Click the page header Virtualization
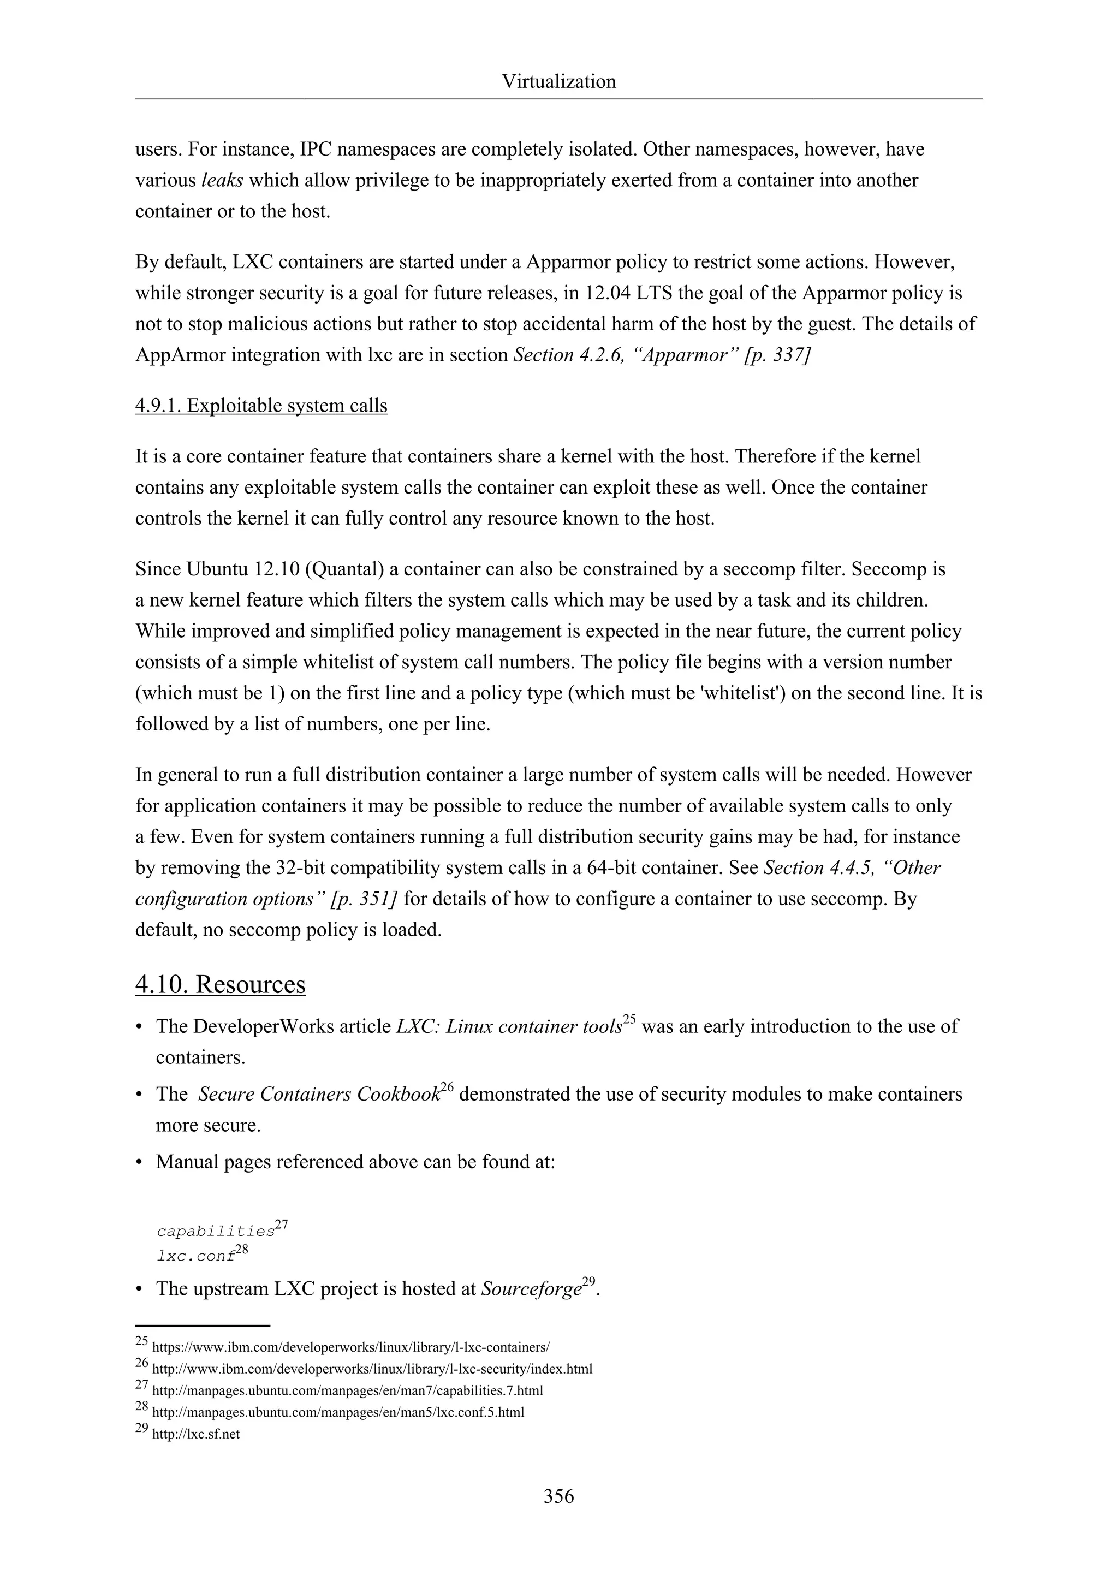[558, 82]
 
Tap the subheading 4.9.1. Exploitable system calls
[261, 406]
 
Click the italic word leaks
[222, 180]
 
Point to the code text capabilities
[216, 1231]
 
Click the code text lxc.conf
[195, 1257]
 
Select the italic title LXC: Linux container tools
[509, 1027]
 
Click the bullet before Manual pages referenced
[140, 1163]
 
